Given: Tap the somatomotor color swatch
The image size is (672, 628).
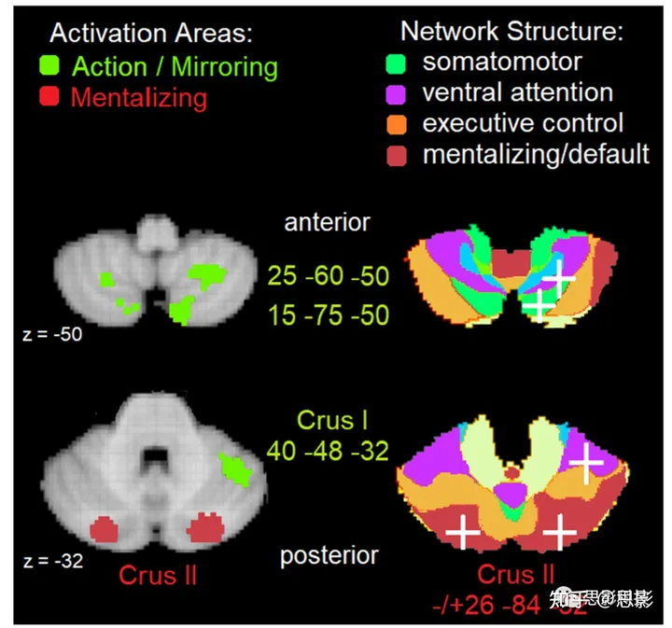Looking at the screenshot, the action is pyautogui.click(x=397, y=63).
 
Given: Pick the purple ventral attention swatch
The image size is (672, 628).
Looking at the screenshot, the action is pyautogui.click(x=397, y=92).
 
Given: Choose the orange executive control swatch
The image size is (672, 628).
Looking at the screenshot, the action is pyautogui.click(x=397, y=122).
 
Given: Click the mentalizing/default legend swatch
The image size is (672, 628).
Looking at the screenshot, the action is pyautogui.click(x=397, y=152).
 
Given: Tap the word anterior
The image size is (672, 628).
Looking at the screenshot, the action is pyautogui.click(x=327, y=222).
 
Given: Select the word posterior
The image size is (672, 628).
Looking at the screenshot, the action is pyautogui.click(x=329, y=556).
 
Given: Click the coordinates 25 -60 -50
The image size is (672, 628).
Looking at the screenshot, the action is pyautogui.click(x=328, y=276).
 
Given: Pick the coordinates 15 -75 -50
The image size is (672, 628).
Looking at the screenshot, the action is pyautogui.click(x=328, y=315).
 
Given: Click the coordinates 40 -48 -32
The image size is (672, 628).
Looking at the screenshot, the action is pyautogui.click(x=328, y=451).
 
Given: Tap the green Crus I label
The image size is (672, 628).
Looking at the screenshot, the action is pyautogui.click(x=329, y=419).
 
